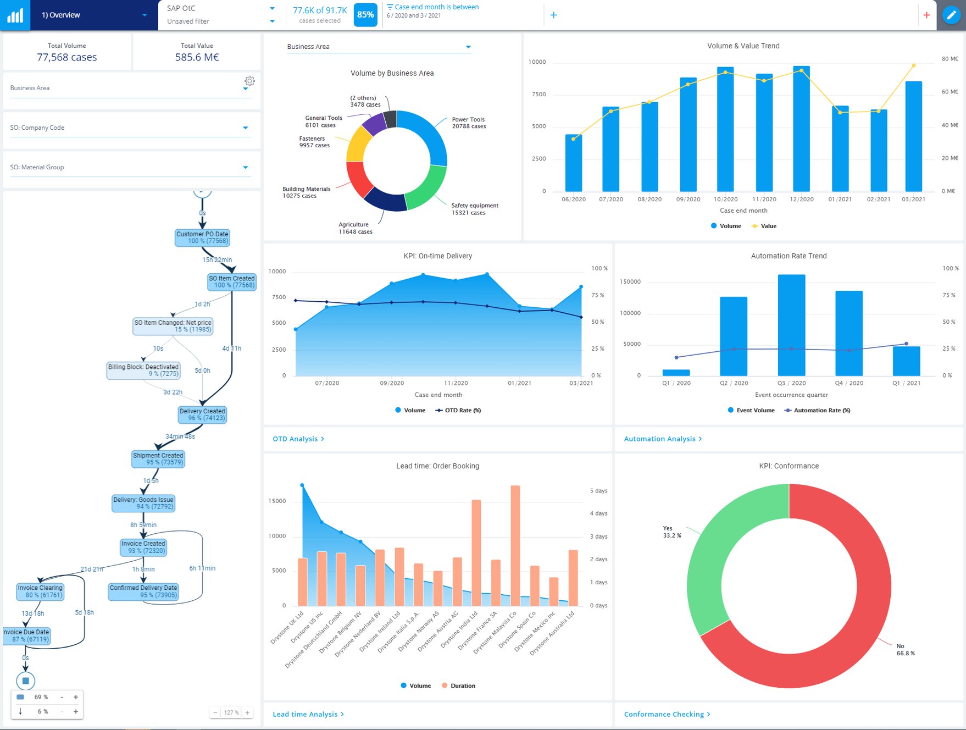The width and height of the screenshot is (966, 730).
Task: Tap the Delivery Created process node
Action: pos(202,414)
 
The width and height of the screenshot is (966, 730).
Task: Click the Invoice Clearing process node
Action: pos(40,591)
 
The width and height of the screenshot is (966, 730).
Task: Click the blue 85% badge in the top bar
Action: pos(365,15)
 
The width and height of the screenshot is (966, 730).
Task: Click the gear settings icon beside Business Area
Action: pos(249,81)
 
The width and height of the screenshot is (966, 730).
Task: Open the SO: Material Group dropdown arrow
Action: pos(245,168)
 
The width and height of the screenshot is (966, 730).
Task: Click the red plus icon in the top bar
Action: pos(926,15)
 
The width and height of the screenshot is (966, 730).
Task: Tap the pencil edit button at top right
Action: pos(951,15)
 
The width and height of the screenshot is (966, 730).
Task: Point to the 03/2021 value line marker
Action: pos(914,65)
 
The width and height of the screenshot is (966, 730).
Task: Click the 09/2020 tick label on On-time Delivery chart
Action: pos(392,383)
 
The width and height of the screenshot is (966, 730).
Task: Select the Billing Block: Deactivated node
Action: pos(143,370)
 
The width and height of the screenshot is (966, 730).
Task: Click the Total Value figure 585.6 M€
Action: pos(197,57)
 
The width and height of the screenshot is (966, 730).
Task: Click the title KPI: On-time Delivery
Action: pos(437,256)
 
